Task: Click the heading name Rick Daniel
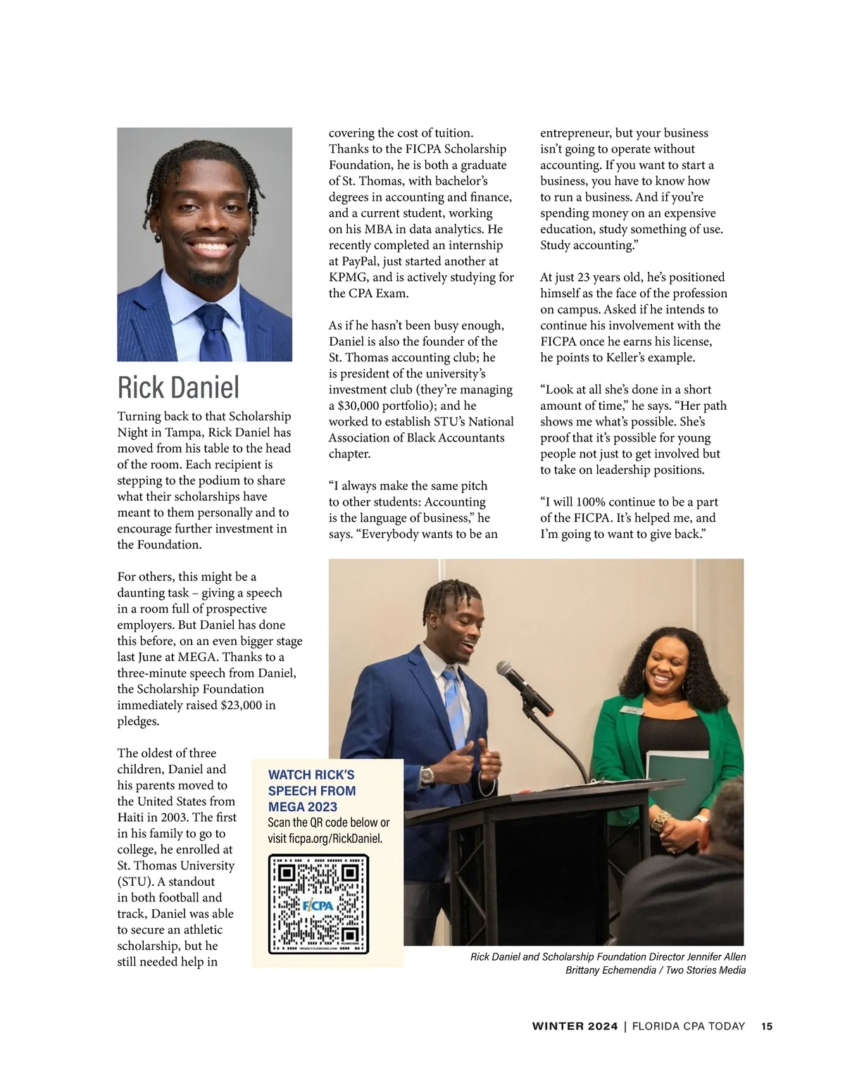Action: coord(178,387)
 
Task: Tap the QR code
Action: coord(319,904)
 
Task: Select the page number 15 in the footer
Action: coord(767,1026)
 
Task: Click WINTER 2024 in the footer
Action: coord(575,1026)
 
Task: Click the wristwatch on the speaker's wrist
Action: coord(427,775)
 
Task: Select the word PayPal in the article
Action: coord(361,261)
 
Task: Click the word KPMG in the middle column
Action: coord(347,277)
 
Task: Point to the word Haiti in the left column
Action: coord(132,818)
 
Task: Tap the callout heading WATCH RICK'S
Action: coord(311,775)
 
